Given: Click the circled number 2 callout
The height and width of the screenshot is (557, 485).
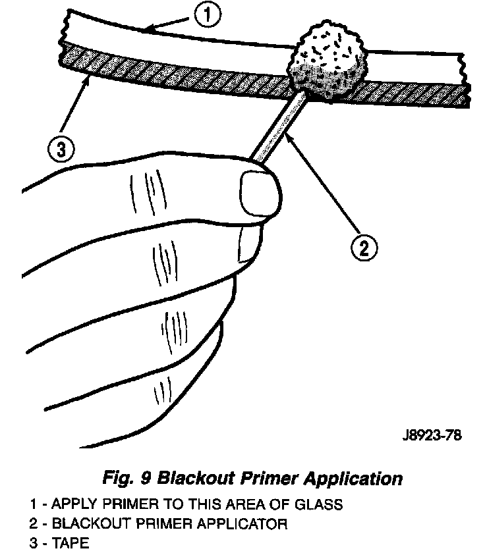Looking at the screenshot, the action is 364,248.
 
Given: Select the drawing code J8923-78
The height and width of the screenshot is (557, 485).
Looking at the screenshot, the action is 430,435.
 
